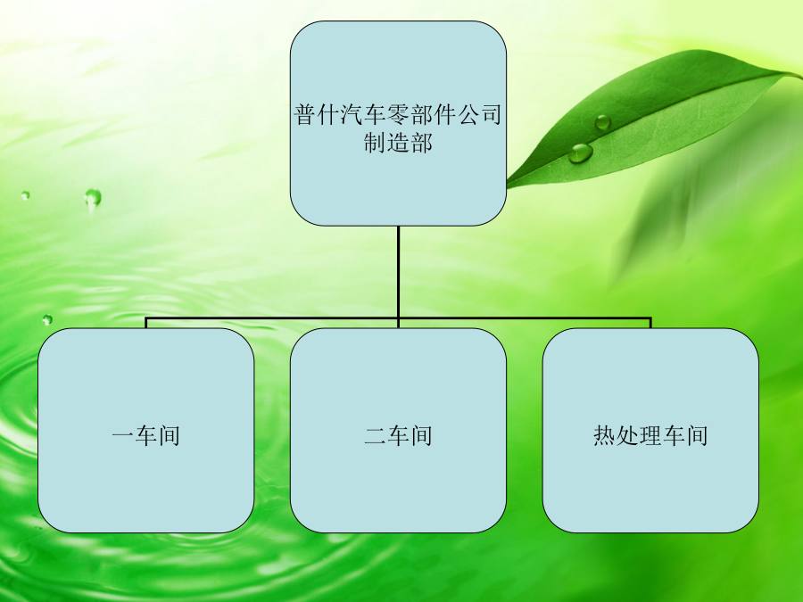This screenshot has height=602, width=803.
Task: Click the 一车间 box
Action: [146, 431]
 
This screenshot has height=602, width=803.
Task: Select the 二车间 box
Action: [399, 431]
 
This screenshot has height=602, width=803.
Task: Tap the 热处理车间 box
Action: [651, 431]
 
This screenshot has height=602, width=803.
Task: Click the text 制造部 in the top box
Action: [399, 143]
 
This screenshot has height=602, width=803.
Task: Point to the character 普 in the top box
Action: [306, 114]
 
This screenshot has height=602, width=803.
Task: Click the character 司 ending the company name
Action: [491, 114]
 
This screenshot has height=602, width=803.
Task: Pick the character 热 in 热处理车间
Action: [604, 435]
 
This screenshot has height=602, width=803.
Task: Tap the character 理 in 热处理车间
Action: [651, 435]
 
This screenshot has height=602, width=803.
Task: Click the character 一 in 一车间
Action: [123, 435]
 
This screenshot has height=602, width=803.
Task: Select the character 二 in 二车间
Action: [376, 435]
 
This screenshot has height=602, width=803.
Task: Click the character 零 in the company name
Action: [399, 114]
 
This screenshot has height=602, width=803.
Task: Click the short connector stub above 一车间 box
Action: [146, 323]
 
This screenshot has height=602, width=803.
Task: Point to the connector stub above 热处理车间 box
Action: [650, 323]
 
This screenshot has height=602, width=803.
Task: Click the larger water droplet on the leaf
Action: [581, 153]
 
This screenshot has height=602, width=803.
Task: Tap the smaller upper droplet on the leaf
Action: [603, 122]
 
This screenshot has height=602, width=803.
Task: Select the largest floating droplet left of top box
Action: [93, 198]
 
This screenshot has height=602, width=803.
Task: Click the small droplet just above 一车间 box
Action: [47, 320]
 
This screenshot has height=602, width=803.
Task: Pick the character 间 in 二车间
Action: [421, 435]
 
